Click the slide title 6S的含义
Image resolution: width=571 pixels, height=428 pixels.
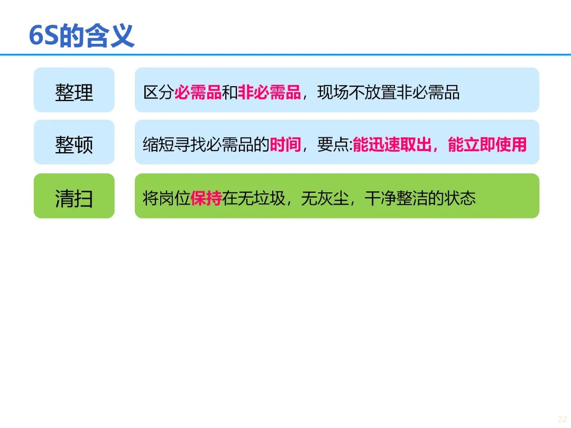pyautogui.click(x=81, y=36)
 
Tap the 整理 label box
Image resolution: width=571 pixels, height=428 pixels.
pyautogui.click(x=74, y=90)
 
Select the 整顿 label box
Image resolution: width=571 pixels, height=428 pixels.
pyautogui.click(x=74, y=143)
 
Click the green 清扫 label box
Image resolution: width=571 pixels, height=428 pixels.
pyautogui.click(x=74, y=196)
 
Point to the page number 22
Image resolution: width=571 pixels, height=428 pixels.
pyautogui.click(x=562, y=419)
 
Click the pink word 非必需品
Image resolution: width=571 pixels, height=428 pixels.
pyautogui.click(x=269, y=92)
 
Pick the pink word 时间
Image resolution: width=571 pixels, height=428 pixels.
pyautogui.click(x=285, y=144)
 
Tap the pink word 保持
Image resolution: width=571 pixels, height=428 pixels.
pyautogui.click(x=206, y=198)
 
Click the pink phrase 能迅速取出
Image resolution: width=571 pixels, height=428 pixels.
pyautogui.click(x=392, y=144)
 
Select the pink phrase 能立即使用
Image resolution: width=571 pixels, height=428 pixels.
pyautogui.click(x=487, y=144)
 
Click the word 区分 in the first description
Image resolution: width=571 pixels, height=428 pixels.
pyautogui.click(x=158, y=92)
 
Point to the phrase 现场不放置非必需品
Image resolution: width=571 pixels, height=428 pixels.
pyautogui.click(x=388, y=92)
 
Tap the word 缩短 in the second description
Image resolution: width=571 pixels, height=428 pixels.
pyautogui.click(x=158, y=144)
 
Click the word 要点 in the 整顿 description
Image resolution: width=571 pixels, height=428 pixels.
pyautogui.click(x=333, y=144)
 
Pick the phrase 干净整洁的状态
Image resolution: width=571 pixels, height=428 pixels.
pyautogui.click(x=420, y=198)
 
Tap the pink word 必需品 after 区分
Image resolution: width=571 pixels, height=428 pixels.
pyautogui.click(x=198, y=92)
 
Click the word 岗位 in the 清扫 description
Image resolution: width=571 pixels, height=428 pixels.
pyautogui.click(x=174, y=198)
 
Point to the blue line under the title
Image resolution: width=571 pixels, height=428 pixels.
pyautogui.click(x=285, y=54)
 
